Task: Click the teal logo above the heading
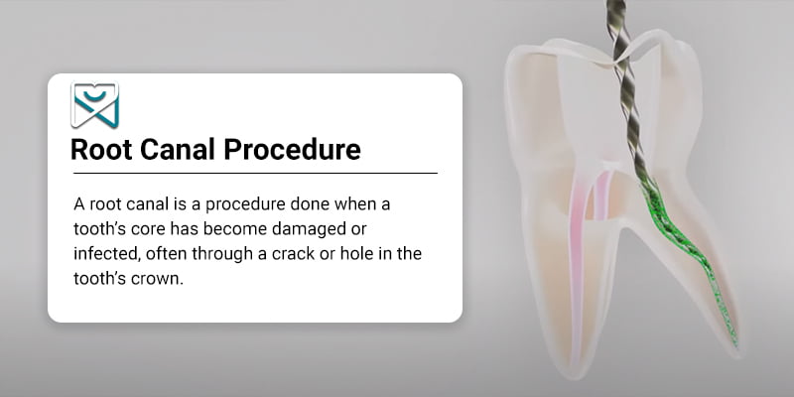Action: [94, 105]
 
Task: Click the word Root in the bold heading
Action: [101, 150]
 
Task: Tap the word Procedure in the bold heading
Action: [292, 150]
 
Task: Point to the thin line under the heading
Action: [255, 173]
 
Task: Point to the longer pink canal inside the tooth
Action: [577, 263]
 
